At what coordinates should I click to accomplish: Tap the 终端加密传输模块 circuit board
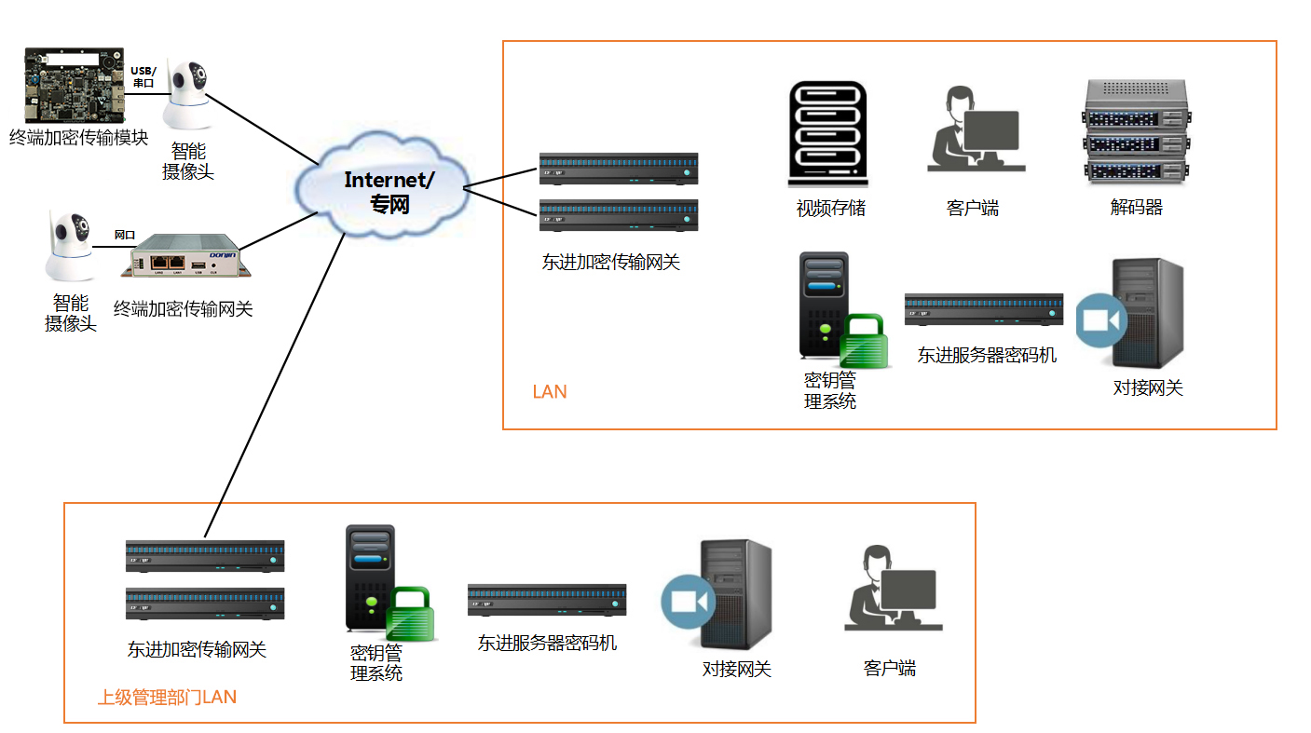click(x=74, y=86)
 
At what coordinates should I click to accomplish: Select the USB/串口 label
click(x=143, y=76)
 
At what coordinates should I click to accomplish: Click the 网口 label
click(x=124, y=235)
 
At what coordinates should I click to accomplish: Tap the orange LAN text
click(x=550, y=392)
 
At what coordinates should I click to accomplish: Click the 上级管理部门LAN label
click(x=168, y=697)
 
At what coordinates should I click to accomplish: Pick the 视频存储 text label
click(x=830, y=209)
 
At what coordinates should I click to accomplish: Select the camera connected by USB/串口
click(x=190, y=97)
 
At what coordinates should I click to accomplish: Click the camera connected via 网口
click(x=71, y=247)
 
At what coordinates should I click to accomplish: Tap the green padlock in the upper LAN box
click(x=864, y=342)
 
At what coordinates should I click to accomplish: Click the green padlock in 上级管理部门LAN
click(x=411, y=614)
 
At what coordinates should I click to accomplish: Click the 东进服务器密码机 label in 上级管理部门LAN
click(x=547, y=643)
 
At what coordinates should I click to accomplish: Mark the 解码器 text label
click(x=1136, y=208)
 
